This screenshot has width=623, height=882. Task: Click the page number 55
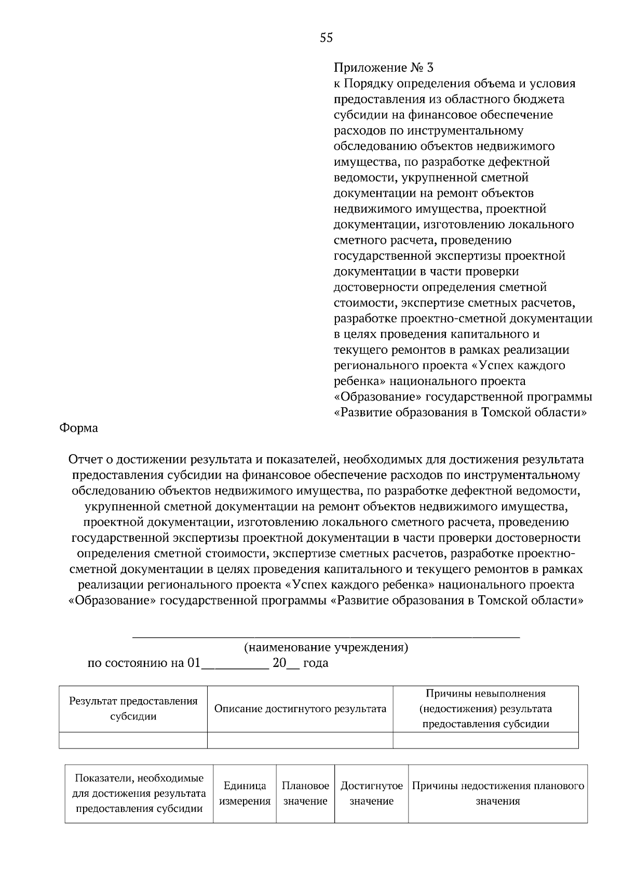(326, 37)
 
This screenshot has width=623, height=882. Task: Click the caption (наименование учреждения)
(326, 647)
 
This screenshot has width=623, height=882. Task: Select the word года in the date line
(316, 663)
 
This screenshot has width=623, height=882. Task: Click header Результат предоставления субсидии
(133, 709)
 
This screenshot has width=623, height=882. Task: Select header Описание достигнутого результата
(300, 709)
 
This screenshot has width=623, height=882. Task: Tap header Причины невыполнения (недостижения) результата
(485, 709)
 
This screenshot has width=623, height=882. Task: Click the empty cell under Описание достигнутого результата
(300, 740)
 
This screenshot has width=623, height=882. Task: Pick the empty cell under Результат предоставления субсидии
(133, 740)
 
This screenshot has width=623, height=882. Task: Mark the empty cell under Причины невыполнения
(485, 740)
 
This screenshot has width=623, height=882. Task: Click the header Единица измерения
(245, 793)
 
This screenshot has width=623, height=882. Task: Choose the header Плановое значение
(305, 793)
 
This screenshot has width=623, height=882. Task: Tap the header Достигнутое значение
(371, 793)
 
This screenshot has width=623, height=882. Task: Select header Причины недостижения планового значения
(498, 793)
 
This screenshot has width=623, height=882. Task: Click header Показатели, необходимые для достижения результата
(139, 793)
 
